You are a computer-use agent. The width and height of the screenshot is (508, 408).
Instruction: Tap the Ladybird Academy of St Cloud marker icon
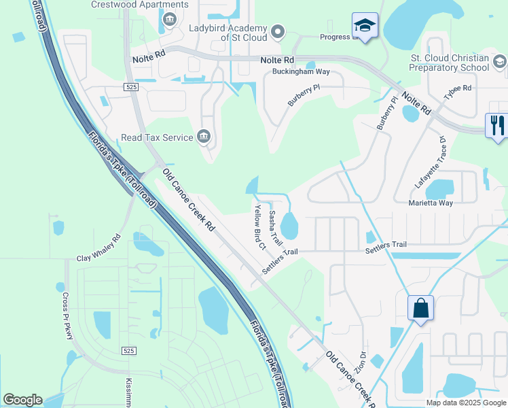point(277,31)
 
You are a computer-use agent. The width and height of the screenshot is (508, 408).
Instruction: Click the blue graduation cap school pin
point(365,27)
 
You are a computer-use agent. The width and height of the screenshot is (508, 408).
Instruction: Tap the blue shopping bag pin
point(421,309)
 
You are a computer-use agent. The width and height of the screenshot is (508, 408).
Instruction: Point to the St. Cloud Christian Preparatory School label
point(449,63)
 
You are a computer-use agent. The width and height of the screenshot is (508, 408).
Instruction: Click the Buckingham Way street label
point(301,71)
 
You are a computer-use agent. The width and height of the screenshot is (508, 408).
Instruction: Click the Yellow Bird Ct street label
point(259,227)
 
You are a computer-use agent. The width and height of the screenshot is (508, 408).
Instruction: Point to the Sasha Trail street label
point(275,228)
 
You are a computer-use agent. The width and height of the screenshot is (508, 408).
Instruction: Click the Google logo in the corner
point(22,400)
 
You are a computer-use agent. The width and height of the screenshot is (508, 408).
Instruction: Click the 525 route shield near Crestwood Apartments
point(132,87)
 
